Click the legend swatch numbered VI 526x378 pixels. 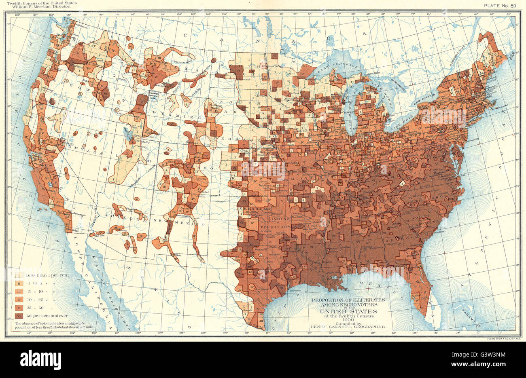point(19,316)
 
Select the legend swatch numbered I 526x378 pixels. point(19,275)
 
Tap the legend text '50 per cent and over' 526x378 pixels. point(47,316)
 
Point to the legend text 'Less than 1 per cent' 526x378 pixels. point(48,275)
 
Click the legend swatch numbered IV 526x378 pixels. point(19,300)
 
